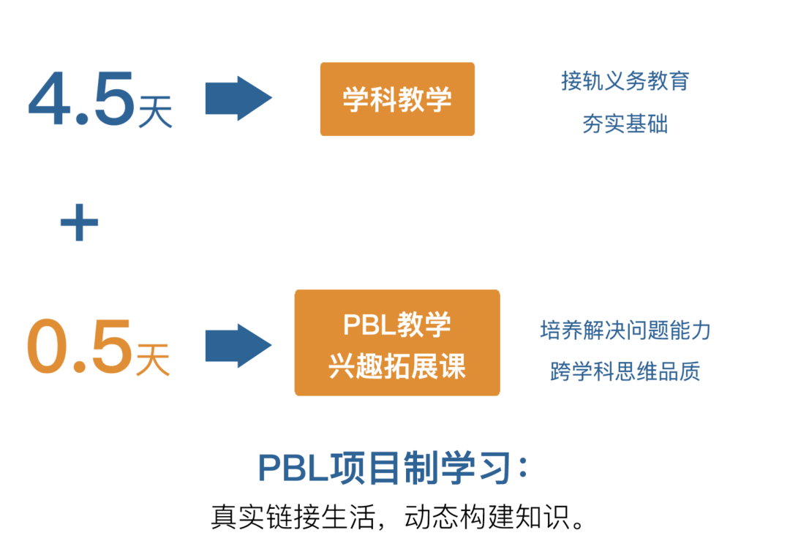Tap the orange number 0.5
click(80, 346)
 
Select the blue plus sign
click(79, 223)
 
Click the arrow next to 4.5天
click(238, 98)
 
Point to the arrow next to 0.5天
click(238, 346)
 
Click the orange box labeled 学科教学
click(397, 99)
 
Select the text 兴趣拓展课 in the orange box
click(397, 366)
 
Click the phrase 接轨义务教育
click(625, 80)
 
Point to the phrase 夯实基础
click(625, 124)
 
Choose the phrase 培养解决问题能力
click(625, 330)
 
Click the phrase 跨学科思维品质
click(625, 371)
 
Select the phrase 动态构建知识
click(483, 516)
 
